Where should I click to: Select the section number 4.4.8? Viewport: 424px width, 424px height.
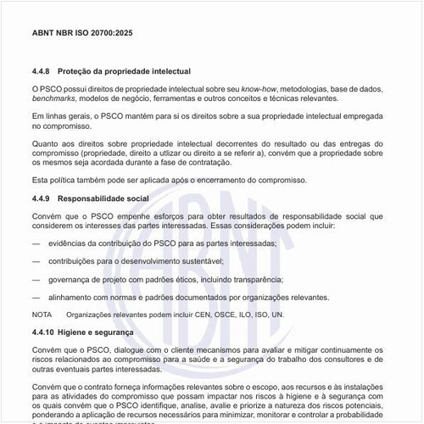42,71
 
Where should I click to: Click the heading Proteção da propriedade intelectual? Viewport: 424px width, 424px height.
131,71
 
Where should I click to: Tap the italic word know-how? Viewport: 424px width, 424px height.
259,88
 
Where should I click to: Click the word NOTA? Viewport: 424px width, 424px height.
42,314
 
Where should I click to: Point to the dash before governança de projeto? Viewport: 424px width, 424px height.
36,278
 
